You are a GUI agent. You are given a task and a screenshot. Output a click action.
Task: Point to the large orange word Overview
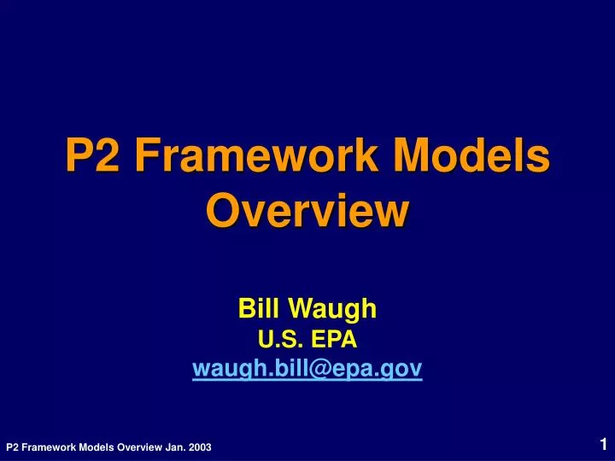307,210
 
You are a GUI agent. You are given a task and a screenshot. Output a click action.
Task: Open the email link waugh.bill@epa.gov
307,369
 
